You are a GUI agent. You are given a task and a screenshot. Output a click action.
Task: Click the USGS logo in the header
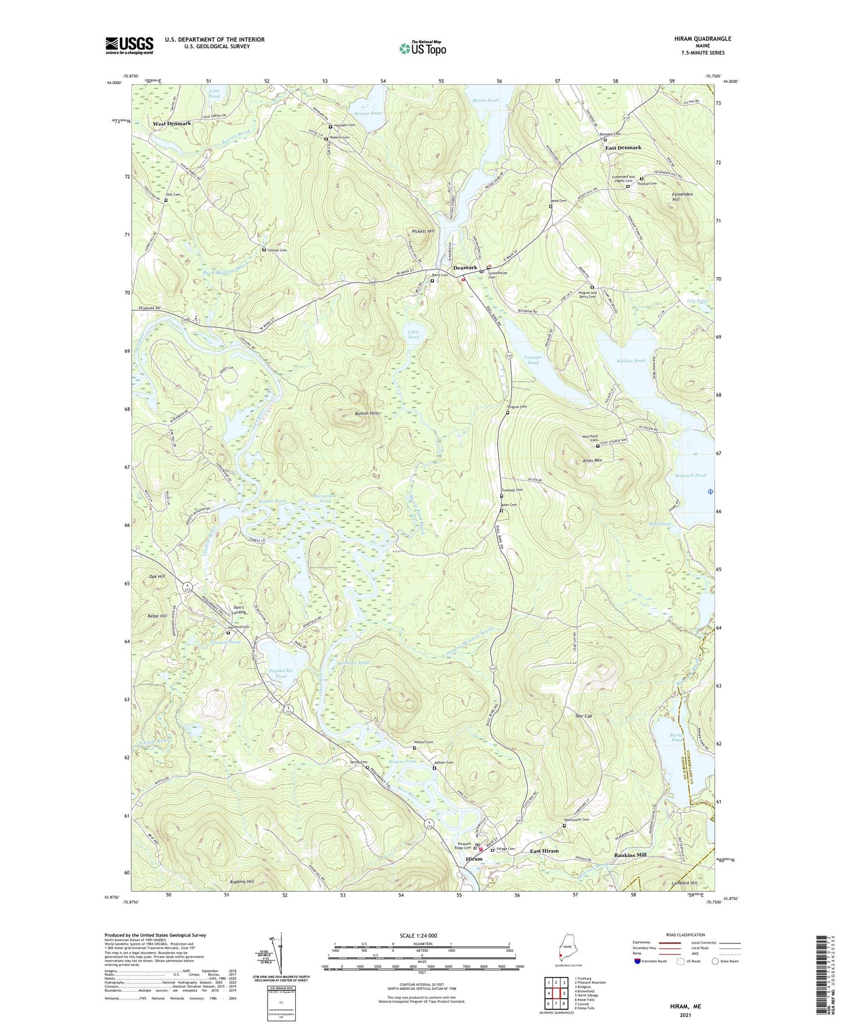[x=129, y=45]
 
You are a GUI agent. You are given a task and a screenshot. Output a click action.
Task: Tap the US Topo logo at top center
[x=422, y=48]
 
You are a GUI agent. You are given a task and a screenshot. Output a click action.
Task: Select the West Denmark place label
[x=172, y=124]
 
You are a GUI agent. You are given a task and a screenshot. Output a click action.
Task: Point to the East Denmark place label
[x=623, y=148]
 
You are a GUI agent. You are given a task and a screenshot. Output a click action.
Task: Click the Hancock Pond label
[x=689, y=475]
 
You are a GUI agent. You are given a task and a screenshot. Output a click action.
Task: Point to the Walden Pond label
[x=631, y=361]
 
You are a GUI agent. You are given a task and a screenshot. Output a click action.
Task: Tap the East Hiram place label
[x=544, y=851]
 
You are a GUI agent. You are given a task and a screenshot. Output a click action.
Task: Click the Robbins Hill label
[x=241, y=882]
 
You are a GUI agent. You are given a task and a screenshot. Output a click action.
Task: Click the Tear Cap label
[x=583, y=716]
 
